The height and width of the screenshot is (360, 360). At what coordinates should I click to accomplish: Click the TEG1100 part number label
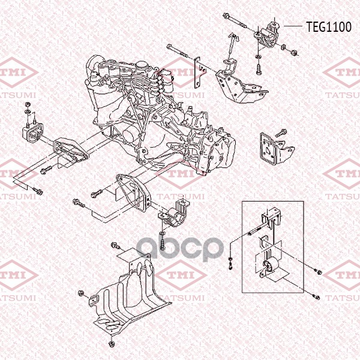[x=329, y=27]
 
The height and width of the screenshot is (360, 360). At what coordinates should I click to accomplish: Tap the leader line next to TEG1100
[x=293, y=26]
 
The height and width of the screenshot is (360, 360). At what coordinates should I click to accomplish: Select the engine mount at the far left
[x=32, y=133]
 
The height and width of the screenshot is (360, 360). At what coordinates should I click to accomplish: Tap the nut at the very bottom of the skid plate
[x=111, y=344]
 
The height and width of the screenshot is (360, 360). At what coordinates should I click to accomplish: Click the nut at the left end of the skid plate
[x=81, y=293]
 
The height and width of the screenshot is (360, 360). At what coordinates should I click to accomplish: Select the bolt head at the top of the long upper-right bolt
[x=226, y=16]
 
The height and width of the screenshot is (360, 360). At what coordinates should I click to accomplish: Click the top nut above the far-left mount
[x=28, y=104]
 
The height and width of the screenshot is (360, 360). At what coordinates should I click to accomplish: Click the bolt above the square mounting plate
[x=281, y=133]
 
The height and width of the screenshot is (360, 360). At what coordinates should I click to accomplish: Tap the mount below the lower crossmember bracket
[x=175, y=214]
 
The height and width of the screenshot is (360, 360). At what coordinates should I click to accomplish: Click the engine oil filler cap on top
[x=142, y=64]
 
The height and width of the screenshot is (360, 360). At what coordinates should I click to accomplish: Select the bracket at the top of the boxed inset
[x=271, y=216]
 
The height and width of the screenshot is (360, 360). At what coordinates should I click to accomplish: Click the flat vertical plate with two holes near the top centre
[x=198, y=73]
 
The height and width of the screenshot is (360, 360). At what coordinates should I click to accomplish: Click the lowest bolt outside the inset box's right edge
[x=316, y=298]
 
